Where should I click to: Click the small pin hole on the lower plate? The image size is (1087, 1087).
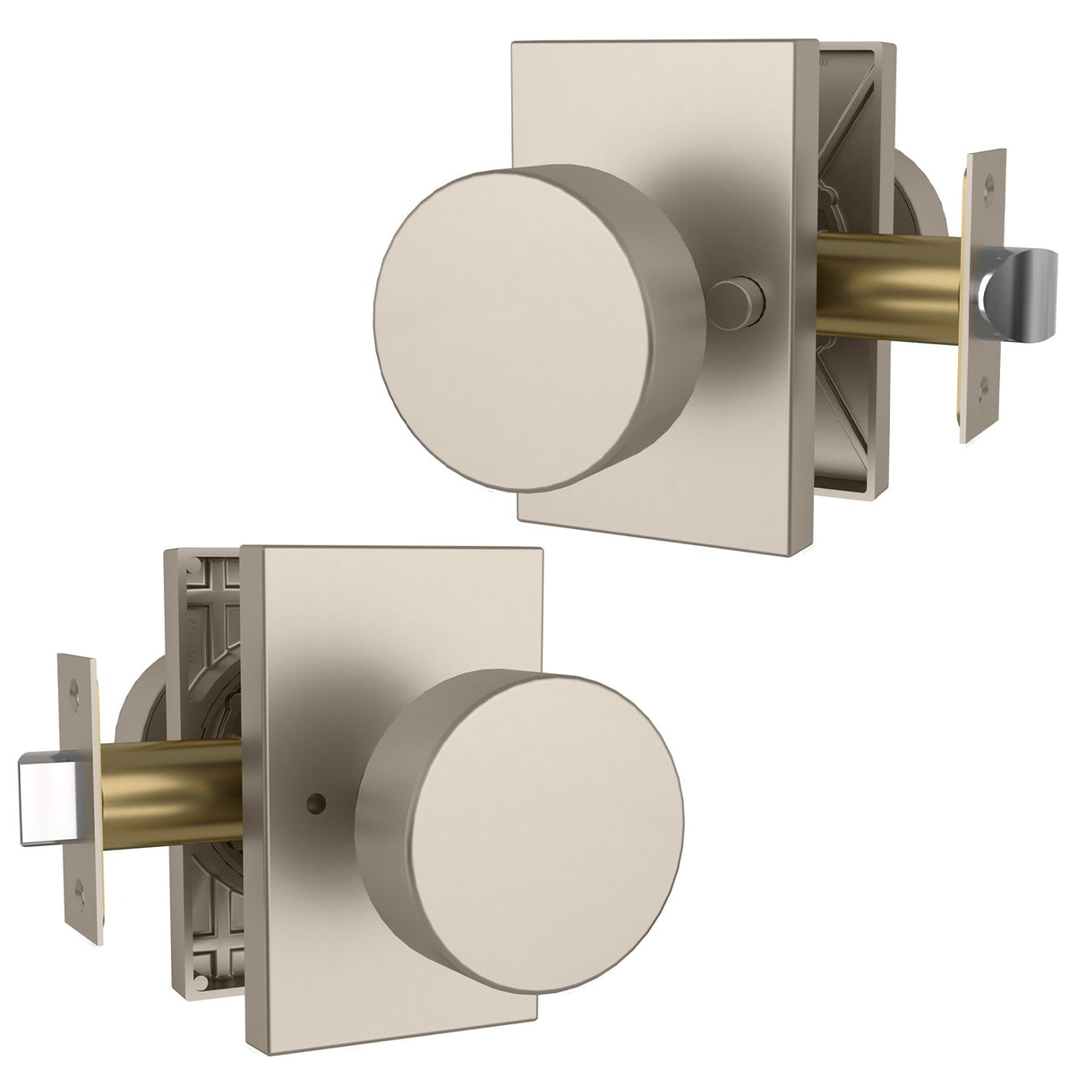pos(315,771)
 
